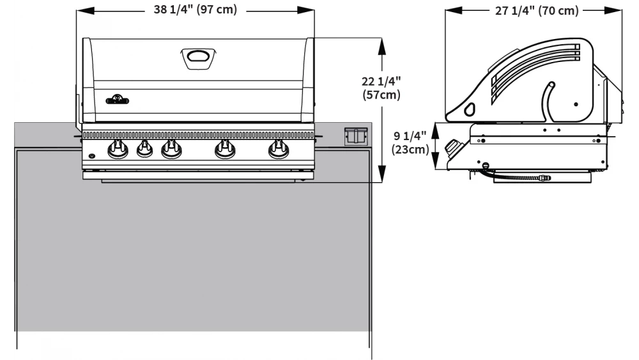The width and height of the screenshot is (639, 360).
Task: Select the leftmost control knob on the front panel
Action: point(117,150)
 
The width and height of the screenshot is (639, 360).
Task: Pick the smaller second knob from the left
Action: point(144,150)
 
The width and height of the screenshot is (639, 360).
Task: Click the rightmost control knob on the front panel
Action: point(277,150)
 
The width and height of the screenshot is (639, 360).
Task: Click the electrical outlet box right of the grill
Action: point(355,136)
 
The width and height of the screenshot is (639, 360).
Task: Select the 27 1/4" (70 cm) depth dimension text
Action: point(537,11)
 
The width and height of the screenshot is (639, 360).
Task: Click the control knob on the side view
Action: point(454,148)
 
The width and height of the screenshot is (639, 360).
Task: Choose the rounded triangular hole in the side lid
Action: point(470,109)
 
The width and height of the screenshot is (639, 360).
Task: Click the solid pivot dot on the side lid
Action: point(576,103)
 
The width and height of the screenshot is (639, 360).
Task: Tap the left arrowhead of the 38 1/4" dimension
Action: point(81,11)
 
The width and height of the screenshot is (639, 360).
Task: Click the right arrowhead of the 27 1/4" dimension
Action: point(620,11)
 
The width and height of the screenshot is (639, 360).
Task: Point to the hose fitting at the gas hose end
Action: point(545,177)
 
